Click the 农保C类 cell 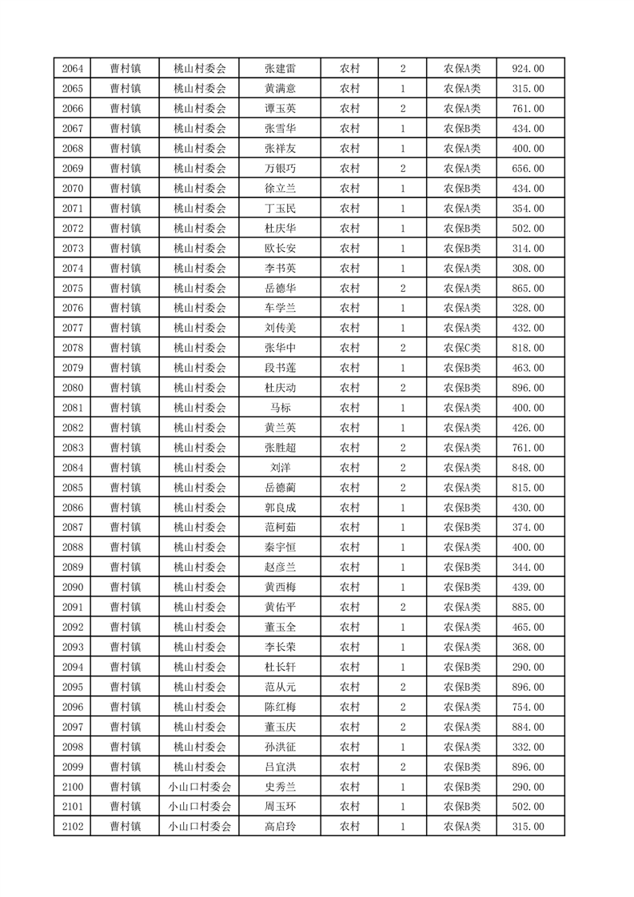pyautogui.click(x=462, y=348)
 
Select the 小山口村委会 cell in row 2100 pyautogui.click(x=200, y=787)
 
